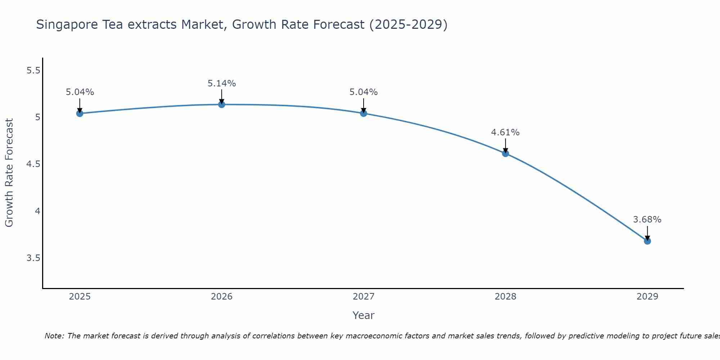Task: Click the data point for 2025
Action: tap(80, 113)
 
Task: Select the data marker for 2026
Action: tap(222, 104)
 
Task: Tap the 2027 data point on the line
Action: tap(364, 113)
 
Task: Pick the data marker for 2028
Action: tap(505, 153)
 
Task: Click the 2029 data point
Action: tap(647, 241)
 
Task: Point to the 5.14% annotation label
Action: tap(222, 84)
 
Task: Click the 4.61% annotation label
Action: tap(505, 132)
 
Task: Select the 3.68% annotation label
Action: tap(647, 220)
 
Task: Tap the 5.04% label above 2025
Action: tap(80, 92)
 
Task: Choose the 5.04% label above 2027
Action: tap(364, 92)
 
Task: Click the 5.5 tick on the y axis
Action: tap(33, 71)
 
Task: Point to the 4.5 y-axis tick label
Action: tap(33, 165)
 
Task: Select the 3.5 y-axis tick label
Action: tap(33, 258)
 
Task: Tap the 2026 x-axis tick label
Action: tap(222, 297)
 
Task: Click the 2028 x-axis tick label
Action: tap(505, 297)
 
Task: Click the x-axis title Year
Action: tap(364, 315)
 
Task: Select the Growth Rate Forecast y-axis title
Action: tap(9, 173)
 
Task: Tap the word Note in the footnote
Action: tap(54, 336)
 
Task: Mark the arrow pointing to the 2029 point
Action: tap(647, 233)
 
